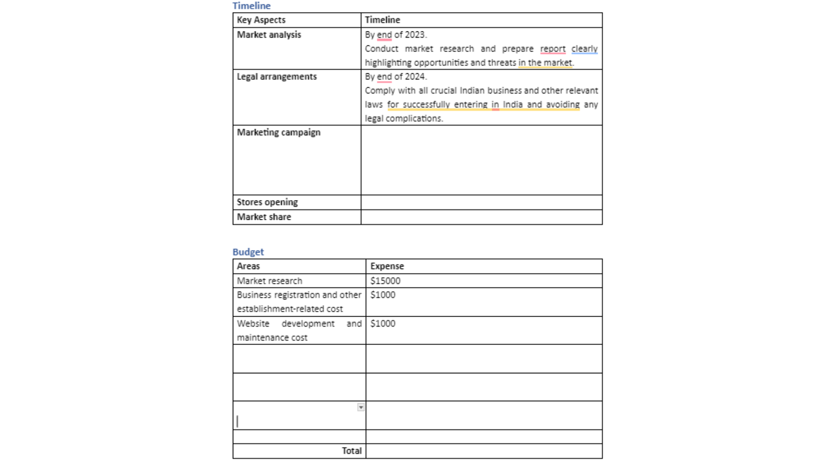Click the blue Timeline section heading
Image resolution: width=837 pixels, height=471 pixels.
tap(251, 6)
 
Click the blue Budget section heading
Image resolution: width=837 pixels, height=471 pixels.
tap(248, 252)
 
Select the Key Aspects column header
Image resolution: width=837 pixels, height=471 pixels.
tap(261, 20)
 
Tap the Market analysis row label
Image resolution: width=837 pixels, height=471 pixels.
tap(269, 35)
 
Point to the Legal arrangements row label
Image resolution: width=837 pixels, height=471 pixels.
tap(276, 77)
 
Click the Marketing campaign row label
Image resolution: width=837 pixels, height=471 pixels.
tap(278, 133)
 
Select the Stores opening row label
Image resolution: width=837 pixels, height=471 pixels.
tap(267, 202)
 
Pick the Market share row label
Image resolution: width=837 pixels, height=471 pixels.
tap(263, 217)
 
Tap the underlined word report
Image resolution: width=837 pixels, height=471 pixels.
tap(552, 49)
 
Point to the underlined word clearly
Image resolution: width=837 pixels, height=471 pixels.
tap(584, 49)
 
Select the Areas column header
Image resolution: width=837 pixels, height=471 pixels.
tap(248, 266)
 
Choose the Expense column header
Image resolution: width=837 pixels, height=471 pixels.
tap(387, 266)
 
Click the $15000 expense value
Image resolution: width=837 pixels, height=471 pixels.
tap(385, 281)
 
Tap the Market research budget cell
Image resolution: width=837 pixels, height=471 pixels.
tap(269, 281)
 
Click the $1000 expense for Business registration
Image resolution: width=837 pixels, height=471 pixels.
tap(382, 295)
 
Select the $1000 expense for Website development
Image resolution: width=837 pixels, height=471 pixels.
tap(382, 324)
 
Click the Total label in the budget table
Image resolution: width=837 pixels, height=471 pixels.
tap(351, 451)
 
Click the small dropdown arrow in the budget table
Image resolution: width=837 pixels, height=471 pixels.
tap(361, 407)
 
